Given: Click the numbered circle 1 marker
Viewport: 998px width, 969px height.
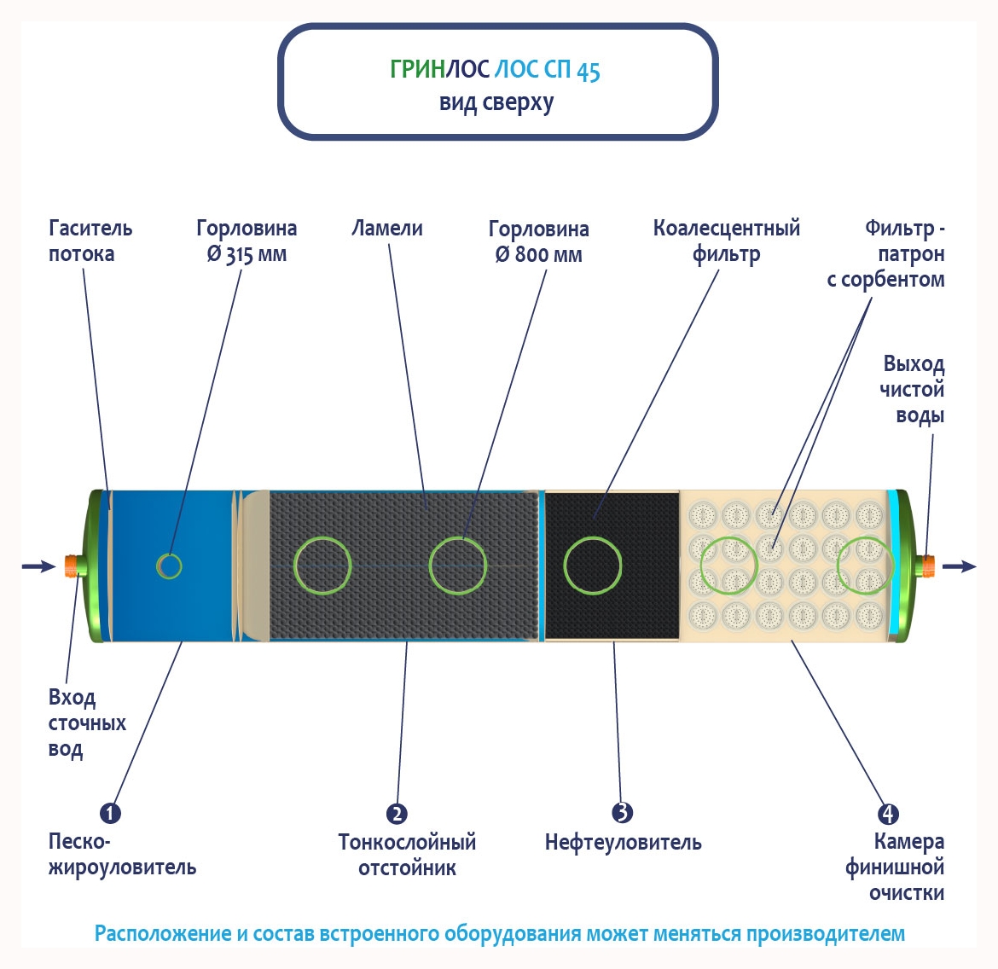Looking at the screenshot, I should (110, 813).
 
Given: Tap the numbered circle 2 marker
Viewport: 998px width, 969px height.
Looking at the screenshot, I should (397, 814).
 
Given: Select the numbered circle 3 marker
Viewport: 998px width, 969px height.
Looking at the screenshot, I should (623, 813).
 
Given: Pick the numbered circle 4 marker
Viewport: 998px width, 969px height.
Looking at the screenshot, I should (888, 814).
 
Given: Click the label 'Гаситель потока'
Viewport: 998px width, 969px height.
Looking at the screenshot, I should (90, 241).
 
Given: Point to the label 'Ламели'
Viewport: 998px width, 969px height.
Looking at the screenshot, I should (387, 228).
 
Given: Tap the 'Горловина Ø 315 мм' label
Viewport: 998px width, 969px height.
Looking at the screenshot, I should (247, 241).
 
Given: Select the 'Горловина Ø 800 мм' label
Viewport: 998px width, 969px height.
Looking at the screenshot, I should (538, 241).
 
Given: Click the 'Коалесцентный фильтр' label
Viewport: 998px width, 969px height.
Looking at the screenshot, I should (727, 241).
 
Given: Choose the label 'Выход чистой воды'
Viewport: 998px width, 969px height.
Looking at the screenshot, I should (913, 389).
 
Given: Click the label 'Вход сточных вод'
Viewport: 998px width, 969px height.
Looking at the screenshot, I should (86, 722).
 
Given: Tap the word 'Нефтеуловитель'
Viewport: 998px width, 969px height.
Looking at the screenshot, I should (623, 842).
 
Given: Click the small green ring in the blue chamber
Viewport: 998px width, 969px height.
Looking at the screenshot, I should (169, 565).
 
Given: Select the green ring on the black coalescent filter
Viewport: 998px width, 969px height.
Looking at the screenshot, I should (593, 565).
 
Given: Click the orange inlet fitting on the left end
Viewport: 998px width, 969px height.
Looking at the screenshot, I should (73, 565).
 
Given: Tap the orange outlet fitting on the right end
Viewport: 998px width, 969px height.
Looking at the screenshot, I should (926, 565).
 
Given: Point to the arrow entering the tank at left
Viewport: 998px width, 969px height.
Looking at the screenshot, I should (38, 566).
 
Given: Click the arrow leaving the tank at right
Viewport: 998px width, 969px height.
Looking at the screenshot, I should (960, 566).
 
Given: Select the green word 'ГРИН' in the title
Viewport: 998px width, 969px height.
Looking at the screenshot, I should (417, 69).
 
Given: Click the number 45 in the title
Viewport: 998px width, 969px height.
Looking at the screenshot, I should (589, 71).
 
